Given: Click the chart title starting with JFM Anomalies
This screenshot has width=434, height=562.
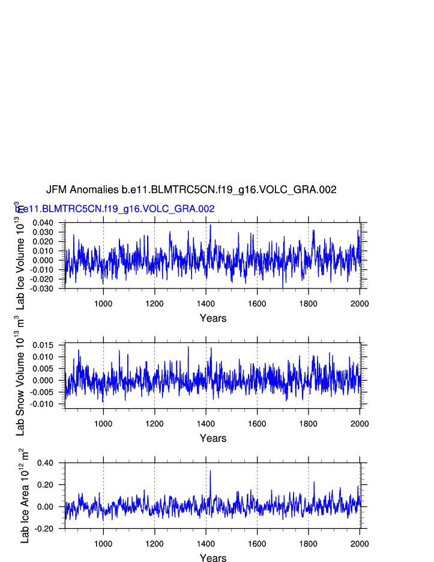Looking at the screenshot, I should [x=191, y=189].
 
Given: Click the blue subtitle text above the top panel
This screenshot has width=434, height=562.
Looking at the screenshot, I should [x=115, y=209].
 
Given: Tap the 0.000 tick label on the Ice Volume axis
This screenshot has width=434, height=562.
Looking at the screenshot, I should [x=42, y=260].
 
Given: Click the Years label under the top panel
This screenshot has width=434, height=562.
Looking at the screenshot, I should [x=213, y=318].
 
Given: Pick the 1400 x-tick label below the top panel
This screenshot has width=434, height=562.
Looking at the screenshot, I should [x=206, y=303].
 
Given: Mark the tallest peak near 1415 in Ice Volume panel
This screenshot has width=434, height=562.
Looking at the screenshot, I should [x=210, y=225].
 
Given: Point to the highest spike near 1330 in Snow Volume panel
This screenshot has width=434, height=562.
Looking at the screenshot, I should [x=188, y=347].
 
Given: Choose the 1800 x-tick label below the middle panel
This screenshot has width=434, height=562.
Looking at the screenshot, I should [x=309, y=423].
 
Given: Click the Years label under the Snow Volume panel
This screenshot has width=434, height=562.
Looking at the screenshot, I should [x=213, y=438].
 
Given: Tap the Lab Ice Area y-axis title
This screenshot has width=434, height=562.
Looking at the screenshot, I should [x=24, y=496].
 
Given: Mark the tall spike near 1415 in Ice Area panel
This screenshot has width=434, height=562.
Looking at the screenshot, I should [x=210, y=471].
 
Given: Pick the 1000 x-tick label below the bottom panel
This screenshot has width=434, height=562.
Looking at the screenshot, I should [x=103, y=543].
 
